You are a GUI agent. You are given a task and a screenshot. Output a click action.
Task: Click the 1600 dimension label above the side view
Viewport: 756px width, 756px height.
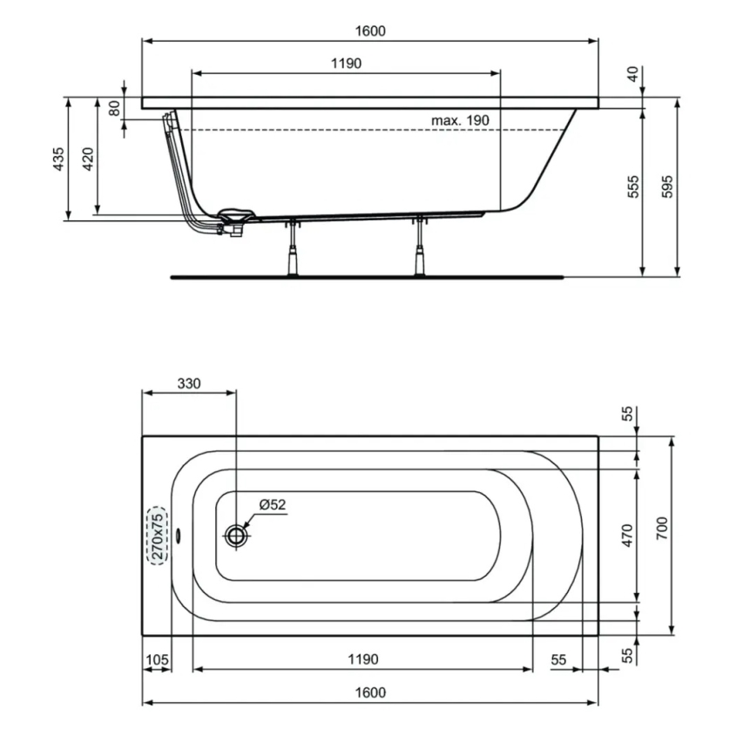(x=370, y=30)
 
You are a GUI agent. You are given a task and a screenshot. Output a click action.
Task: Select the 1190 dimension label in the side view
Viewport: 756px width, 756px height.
(x=346, y=64)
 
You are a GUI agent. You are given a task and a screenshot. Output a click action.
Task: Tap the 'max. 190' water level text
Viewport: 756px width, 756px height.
(x=461, y=119)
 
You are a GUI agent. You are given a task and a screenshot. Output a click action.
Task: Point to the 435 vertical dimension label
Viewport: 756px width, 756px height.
(x=58, y=160)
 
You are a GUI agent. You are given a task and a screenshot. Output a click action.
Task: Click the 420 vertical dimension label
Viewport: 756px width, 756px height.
(x=87, y=160)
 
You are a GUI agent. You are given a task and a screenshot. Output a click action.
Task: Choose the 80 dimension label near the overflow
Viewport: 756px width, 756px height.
(x=113, y=108)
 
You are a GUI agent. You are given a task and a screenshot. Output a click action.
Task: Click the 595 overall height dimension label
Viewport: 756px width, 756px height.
(x=668, y=186)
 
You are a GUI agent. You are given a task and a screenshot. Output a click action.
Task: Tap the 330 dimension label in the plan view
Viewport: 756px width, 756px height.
(x=189, y=383)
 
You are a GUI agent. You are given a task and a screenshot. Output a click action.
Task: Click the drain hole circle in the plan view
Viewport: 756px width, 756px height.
(x=236, y=535)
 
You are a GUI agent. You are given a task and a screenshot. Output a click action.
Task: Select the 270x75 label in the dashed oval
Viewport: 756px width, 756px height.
(x=157, y=536)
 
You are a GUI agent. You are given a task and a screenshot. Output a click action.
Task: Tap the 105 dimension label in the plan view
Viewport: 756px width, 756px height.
(x=157, y=660)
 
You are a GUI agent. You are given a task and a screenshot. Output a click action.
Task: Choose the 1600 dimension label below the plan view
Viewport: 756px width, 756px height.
(x=370, y=692)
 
